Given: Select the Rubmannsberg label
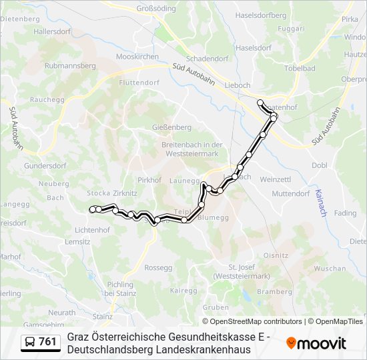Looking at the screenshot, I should click(x=71, y=66).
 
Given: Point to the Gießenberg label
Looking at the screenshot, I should click(x=171, y=127).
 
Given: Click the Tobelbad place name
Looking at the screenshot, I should click(x=300, y=69).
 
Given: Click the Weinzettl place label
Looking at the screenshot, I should click(x=276, y=179).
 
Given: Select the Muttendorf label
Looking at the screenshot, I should click(x=291, y=194).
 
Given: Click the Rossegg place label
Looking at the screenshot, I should click(x=158, y=267).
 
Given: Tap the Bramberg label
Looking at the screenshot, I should click(x=274, y=291).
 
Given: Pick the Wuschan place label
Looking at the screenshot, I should click(x=330, y=268).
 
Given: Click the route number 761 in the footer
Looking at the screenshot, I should click(x=47, y=342).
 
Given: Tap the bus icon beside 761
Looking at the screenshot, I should click(x=31, y=342).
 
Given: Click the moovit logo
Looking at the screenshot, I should click(x=316, y=343).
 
